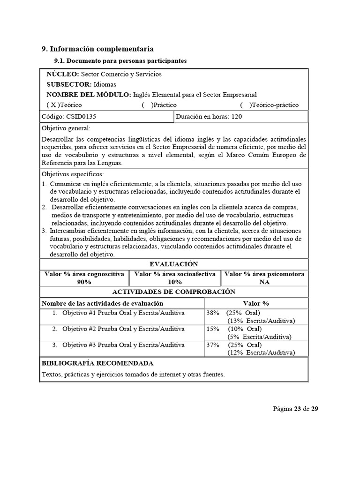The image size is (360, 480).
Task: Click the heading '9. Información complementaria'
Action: click(x=97, y=49)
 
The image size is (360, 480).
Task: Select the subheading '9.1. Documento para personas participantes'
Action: click(x=120, y=61)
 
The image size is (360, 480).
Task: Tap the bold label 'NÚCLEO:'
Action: click(x=63, y=74)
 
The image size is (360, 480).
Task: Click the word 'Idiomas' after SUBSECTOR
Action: click(x=105, y=84)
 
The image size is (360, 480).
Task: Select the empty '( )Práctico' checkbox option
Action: click(x=159, y=105)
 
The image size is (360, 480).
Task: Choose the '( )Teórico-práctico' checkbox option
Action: click(x=269, y=105)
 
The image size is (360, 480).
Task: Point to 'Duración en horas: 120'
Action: click(x=209, y=117)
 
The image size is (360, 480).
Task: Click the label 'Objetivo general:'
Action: click(x=66, y=128)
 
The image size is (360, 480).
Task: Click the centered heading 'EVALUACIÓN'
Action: click(x=173, y=264)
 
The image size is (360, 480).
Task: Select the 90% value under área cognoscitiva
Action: click(x=84, y=282)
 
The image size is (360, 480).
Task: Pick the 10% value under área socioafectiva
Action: click(x=174, y=282)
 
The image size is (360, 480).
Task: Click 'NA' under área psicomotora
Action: click(x=264, y=282)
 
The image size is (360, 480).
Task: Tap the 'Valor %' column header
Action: click(x=256, y=303)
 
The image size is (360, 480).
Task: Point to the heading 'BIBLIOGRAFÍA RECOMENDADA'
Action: click(x=97, y=363)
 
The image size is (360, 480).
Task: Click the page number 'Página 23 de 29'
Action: click(x=296, y=409)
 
